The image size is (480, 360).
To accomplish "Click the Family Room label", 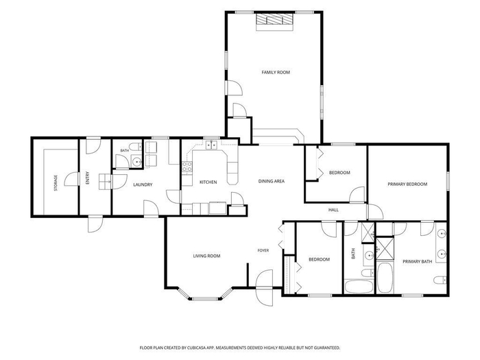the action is click(x=276, y=72).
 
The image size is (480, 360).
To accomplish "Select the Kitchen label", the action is click(x=208, y=182).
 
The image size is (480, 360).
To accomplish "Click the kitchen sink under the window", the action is click(x=211, y=145).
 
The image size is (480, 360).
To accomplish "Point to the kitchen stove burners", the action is click(x=187, y=167).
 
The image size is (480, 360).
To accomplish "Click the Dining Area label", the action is click(x=272, y=181).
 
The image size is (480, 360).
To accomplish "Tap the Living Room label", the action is click(x=206, y=256).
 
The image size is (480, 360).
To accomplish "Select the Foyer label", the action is click(x=263, y=250).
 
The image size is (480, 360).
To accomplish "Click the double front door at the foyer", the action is click(x=264, y=287).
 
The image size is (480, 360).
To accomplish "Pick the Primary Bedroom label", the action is click(x=407, y=184).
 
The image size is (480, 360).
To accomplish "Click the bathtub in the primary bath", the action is click(x=385, y=278).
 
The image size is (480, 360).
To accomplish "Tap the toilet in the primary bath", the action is click(x=440, y=280).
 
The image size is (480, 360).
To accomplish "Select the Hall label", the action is click(x=333, y=210).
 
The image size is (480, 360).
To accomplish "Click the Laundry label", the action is click(x=143, y=185).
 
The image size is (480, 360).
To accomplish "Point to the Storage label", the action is click(x=56, y=183).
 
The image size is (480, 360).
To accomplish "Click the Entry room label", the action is click(x=88, y=178).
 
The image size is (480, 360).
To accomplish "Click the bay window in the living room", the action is click(x=204, y=296).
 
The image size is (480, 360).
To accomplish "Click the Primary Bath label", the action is click(x=417, y=262).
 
